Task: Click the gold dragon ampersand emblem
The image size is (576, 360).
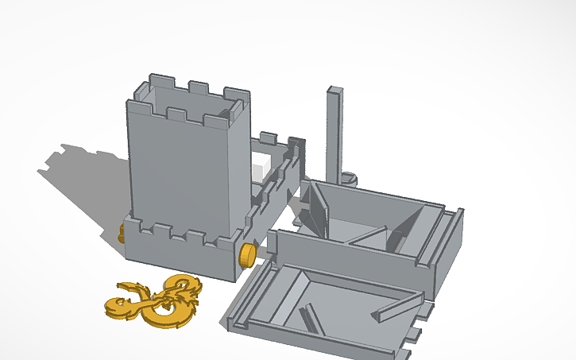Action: (155, 300)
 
